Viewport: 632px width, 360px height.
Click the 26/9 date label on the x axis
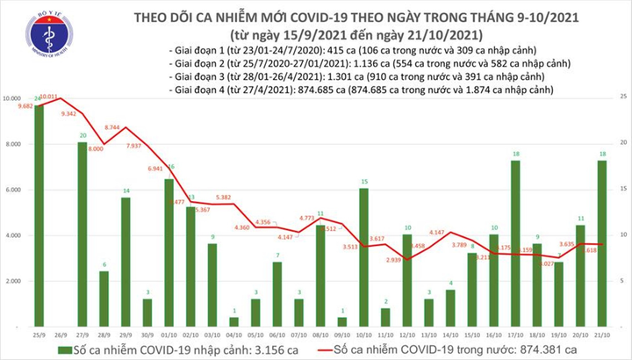click(61, 335)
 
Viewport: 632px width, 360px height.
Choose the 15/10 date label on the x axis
click(472, 335)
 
